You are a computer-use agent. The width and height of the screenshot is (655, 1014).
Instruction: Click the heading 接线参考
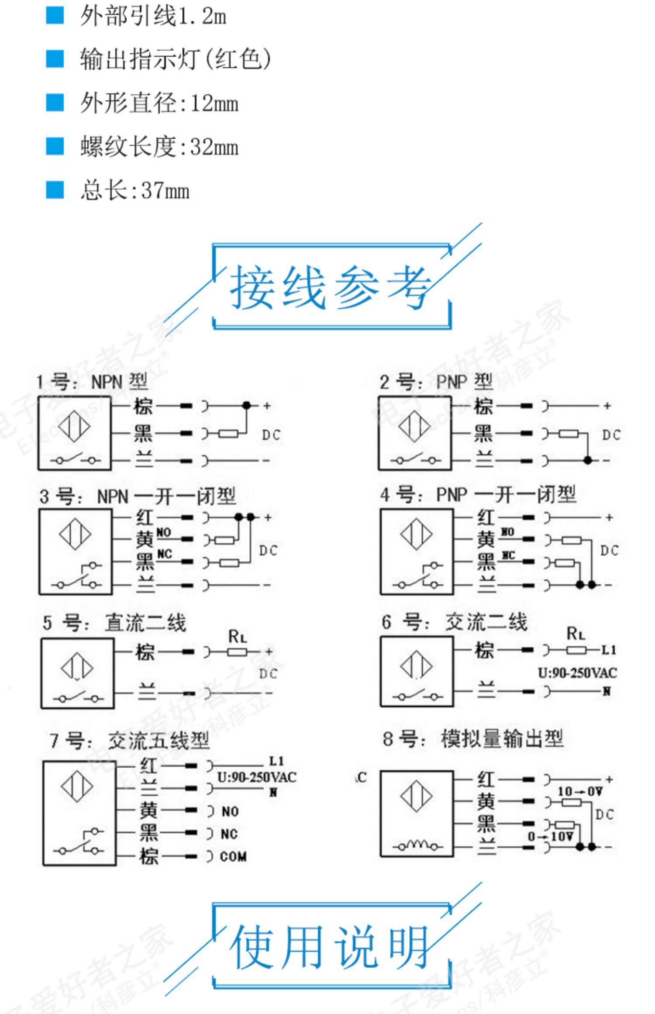[x=331, y=287]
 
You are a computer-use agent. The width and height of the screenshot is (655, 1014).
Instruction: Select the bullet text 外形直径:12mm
[x=159, y=103]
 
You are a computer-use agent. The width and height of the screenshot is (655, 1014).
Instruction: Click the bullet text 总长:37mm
[x=134, y=190]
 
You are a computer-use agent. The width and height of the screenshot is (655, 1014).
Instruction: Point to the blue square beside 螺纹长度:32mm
[x=55, y=146]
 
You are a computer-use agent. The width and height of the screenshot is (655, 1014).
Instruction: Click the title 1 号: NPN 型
[x=92, y=382]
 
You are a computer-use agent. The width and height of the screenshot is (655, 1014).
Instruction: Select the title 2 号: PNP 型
[x=436, y=382]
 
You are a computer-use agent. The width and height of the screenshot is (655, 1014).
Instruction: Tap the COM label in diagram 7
[x=233, y=857]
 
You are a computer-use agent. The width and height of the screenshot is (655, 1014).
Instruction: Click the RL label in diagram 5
[x=238, y=636]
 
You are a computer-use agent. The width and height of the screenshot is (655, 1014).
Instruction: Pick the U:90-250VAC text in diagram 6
[x=577, y=673]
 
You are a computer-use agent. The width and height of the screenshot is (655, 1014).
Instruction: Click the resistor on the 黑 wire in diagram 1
[x=228, y=434]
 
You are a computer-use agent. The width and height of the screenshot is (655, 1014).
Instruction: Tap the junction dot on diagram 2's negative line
[x=588, y=460]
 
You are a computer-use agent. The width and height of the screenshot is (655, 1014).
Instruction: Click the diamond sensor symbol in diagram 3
[x=75, y=534]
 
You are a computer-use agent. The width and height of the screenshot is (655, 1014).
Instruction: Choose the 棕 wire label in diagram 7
[x=148, y=857]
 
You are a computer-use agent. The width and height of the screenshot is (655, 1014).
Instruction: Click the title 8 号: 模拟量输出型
[x=473, y=739]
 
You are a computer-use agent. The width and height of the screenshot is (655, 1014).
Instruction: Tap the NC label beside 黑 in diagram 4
[x=507, y=555]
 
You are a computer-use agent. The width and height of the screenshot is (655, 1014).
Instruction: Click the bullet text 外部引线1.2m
[x=153, y=17]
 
